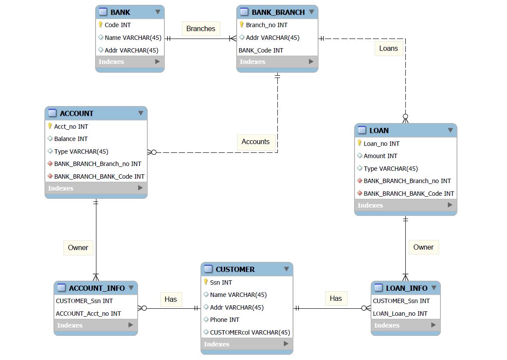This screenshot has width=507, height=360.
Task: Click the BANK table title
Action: (120, 12)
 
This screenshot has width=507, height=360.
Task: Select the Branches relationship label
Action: (201, 29)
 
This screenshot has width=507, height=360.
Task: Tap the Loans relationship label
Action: (388, 48)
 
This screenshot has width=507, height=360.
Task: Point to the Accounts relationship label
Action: (255, 141)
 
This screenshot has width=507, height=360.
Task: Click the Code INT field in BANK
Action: (117, 25)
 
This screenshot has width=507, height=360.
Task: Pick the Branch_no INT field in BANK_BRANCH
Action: (266, 25)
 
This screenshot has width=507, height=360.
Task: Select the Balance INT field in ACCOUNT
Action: (71, 139)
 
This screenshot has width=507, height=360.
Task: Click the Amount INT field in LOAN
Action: (380, 156)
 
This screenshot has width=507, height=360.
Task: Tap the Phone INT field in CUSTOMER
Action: (224, 320)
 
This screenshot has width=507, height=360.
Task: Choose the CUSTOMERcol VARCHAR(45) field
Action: (250, 332)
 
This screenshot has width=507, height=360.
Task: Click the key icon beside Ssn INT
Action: (206, 282)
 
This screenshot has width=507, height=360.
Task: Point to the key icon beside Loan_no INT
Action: (359, 143)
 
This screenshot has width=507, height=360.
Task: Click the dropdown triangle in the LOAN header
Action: (450, 131)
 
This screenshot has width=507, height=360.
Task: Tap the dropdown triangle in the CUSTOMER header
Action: (286, 269)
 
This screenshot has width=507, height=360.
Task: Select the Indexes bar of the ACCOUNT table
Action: (96, 188)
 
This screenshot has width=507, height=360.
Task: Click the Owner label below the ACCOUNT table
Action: (78, 247)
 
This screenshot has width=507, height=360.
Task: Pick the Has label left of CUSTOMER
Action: (170, 299)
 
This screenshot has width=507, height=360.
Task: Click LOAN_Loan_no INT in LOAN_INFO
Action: (400, 314)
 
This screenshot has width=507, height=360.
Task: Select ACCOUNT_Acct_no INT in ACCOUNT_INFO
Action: (88, 314)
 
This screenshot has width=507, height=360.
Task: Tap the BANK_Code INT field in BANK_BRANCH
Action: (261, 50)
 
